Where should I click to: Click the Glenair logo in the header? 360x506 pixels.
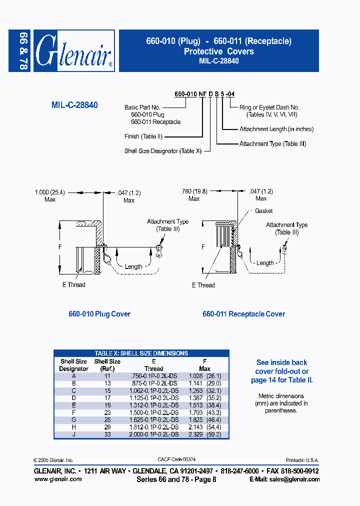74,50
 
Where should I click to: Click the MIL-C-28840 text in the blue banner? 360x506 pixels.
218,61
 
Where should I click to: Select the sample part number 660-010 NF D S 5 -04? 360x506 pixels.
204,94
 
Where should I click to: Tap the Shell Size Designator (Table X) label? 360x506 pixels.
162,151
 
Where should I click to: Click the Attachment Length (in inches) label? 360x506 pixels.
276,129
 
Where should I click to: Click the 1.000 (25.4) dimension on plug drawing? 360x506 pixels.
50,191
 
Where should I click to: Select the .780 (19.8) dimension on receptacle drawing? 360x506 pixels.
193,191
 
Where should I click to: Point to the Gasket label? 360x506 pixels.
263,211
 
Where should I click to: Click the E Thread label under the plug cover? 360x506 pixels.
73,285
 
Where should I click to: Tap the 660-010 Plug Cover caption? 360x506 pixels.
99,314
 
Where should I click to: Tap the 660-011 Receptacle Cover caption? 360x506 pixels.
243,314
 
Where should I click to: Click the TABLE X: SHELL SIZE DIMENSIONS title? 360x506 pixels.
141,353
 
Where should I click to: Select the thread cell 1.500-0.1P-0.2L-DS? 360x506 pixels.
153,412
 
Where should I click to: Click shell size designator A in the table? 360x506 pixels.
74,375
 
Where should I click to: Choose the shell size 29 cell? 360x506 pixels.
107,427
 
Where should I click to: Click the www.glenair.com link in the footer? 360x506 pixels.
57,479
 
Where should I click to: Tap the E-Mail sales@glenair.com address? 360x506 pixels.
284,479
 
